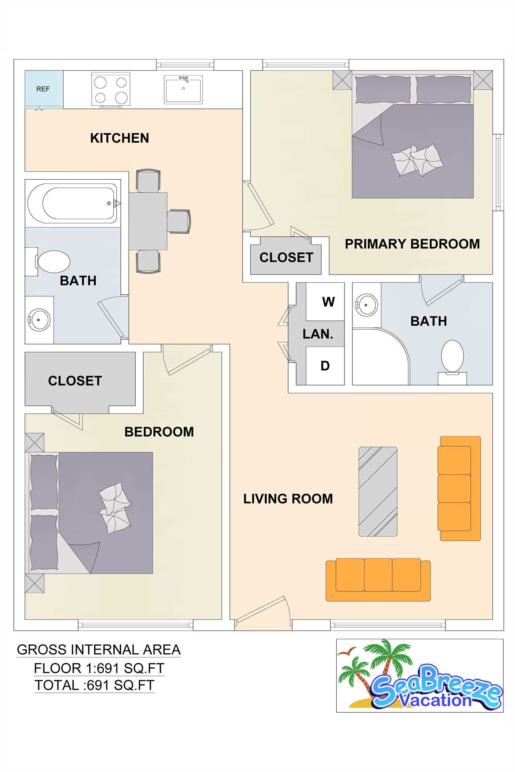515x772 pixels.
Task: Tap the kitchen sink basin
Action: [x=183, y=90]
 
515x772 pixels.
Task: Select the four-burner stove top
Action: [x=111, y=90]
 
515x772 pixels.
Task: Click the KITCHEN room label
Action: [x=119, y=138]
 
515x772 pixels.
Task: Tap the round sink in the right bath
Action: [x=366, y=305]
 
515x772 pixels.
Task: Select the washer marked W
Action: [x=325, y=302]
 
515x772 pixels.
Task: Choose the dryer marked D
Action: [x=325, y=366]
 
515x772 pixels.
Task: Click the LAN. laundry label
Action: [x=318, y=334]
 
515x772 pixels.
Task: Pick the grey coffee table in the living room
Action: [x=378, y=492]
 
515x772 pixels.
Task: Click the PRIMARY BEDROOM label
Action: [x=412, y=244]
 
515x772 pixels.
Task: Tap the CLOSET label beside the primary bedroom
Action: [x=286, y=257]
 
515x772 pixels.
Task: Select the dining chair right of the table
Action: [x=179, y=221]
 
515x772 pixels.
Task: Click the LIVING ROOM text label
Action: [x=288, y=499]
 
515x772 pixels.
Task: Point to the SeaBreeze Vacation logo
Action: [x=420, y=675]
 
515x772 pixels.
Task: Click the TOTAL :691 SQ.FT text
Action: [x=95, y=685]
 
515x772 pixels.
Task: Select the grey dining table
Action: [x=148, y=221]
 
